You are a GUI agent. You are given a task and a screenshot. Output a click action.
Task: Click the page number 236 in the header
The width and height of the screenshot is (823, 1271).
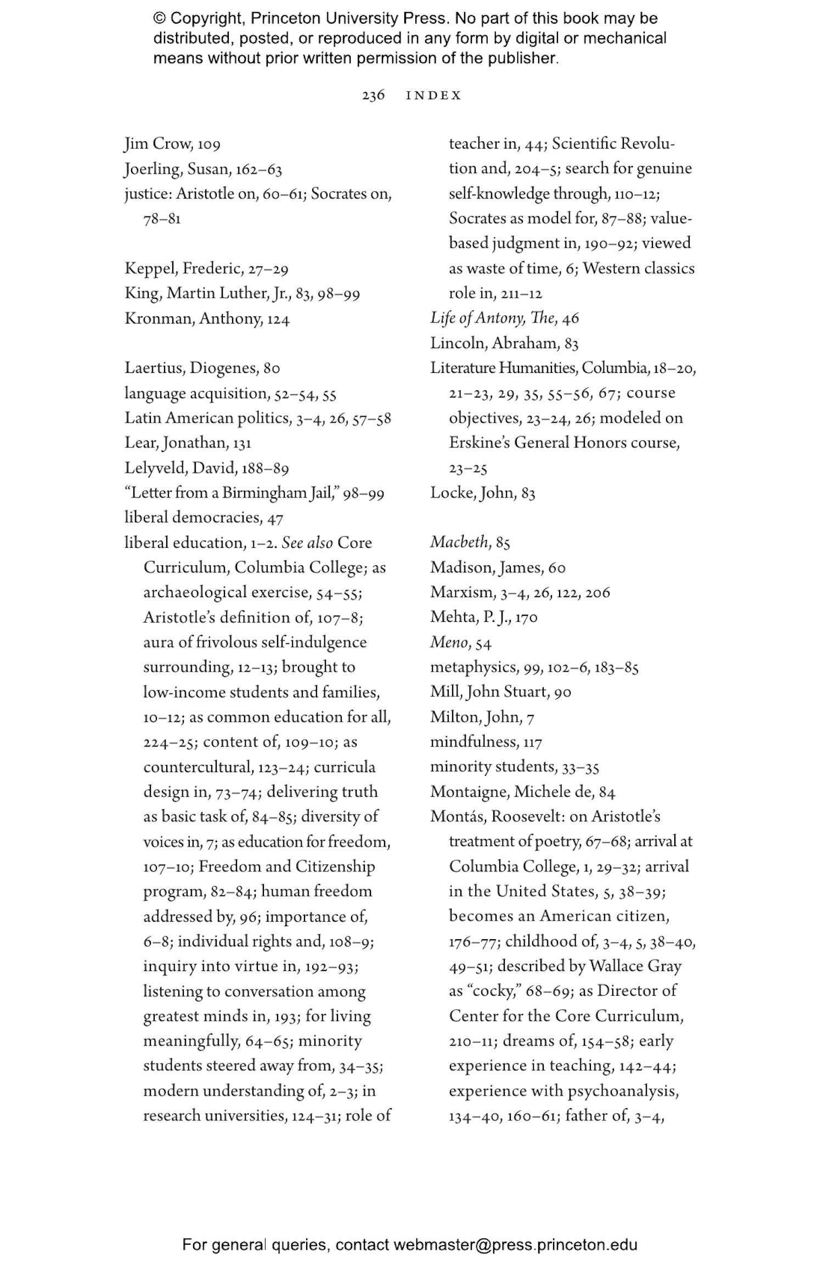[x=373, y=95]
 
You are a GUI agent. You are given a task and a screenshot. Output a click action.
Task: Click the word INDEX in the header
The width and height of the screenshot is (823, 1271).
[x=433, y=95]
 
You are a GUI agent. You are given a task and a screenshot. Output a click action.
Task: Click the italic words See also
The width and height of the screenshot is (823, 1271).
[x=307, y=543]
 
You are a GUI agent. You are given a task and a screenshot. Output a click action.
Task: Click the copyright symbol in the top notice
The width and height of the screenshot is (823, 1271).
[x=160, y=19]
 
